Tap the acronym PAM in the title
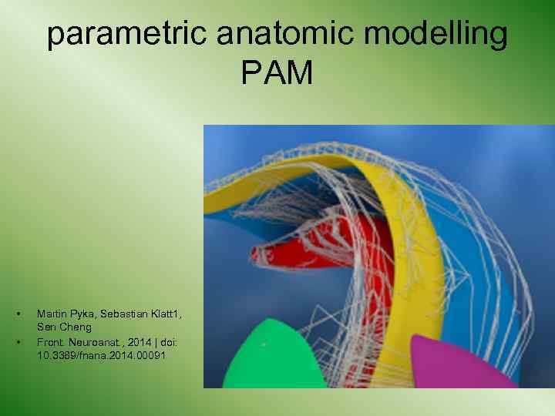[277, 74]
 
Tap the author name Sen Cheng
[64, 327]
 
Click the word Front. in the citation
[49, 341]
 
